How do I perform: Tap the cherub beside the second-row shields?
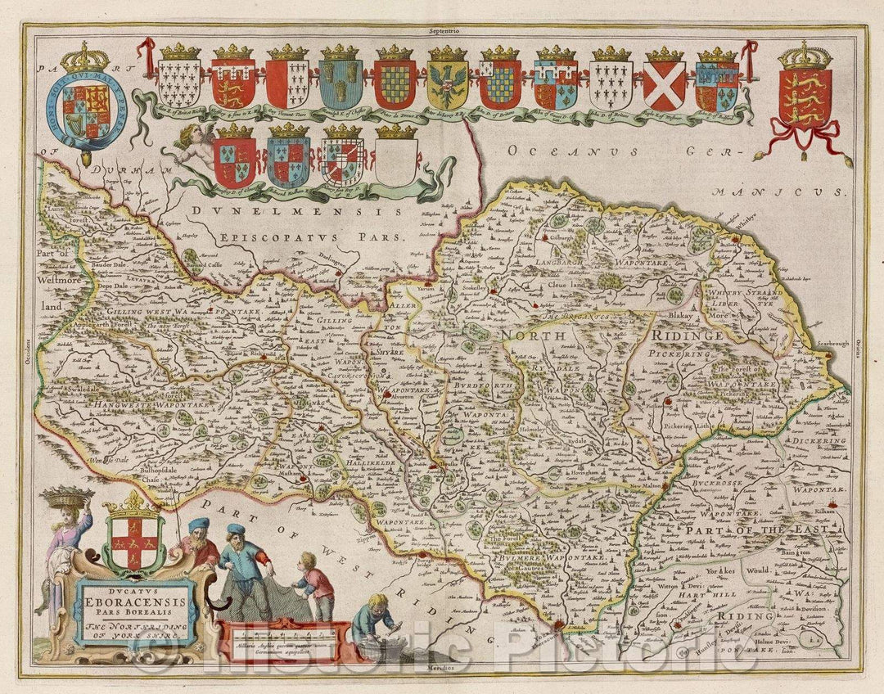click(195, 147)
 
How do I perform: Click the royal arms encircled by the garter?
click(84, 110)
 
